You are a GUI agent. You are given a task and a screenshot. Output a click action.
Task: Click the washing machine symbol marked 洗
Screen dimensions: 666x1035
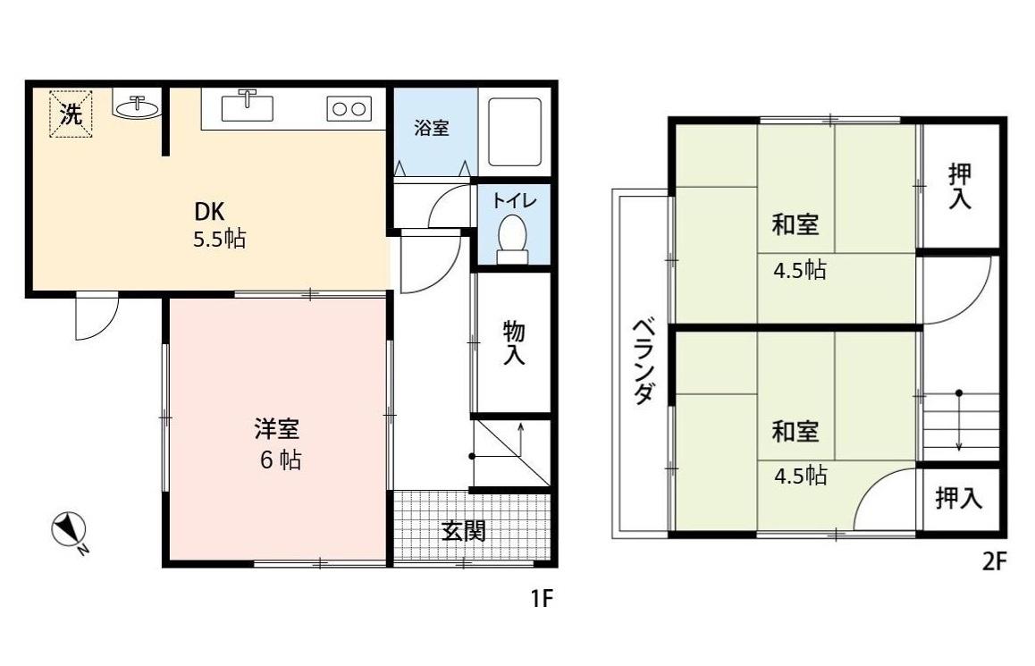coord(70,114)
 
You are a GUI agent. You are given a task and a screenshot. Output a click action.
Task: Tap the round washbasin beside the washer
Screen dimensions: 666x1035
coord(137,107)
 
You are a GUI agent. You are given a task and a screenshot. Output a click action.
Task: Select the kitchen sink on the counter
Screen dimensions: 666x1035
coord(248,106)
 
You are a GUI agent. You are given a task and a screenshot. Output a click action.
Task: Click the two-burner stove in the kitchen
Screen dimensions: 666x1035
coord(349,109)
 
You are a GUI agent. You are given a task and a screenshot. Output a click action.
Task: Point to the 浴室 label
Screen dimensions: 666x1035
coord(432,129)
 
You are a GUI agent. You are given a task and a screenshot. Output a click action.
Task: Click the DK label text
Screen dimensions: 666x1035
coord(210,213)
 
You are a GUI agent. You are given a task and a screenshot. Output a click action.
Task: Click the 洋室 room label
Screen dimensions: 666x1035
coord(276,429)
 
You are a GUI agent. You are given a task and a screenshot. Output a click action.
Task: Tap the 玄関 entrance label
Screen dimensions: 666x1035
coord(464,531)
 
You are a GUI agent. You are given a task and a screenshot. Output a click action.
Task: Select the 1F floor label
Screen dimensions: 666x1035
coord(543,598)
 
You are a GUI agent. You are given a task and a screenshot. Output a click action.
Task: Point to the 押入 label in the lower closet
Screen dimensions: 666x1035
coord(959,499)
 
